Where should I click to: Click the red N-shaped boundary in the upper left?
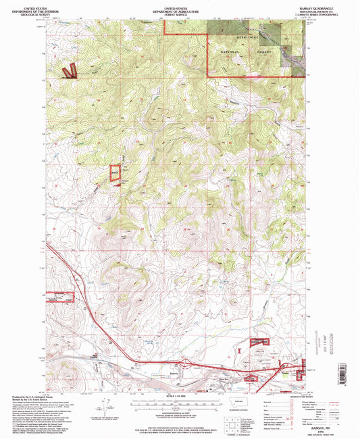pyautogui.click(x=69, y=71)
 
